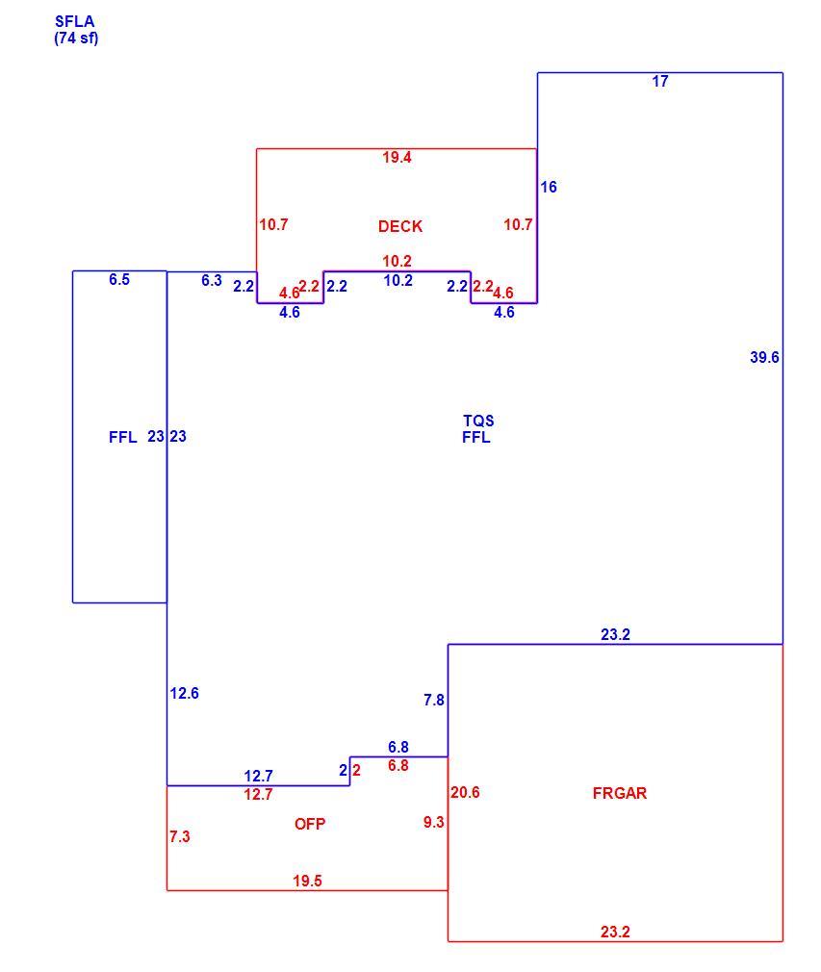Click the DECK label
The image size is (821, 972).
pyautogui.click(x=400, y=226)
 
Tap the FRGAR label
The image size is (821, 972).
pyautogui.click(x=620, y=793)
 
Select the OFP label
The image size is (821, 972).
pyautogui.click(x=310, y=824)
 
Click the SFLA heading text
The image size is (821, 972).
pyautogui.click(x=74, y=22)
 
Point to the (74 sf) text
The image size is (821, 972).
pyautogui.click(x=76, y=38)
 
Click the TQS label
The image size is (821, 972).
pyautogui.click(x=478, y=421)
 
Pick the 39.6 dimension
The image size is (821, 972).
pyautogui.click(x=764, y=357)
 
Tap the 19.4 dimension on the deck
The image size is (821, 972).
pyautogui.click(x=397, y=158)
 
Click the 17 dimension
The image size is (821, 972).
pyautogui.click(x=659, y=81)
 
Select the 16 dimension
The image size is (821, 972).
pyautogui.click(x=549, y=187)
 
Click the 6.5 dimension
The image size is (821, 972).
pyautogui.click(x=119, y=280)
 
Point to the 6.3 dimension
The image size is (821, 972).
pyautogui.click(x=211, y=280)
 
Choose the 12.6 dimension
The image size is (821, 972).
pyautogui.click(x=184, y=693)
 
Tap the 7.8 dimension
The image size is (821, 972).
pyautogui.click(x=433, y=700)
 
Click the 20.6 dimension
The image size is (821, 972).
pyautogui.click(x=465, y=792)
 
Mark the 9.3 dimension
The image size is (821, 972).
pyautogui.click(x=433, y=822)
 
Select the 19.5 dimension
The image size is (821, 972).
pyautogui.click(x=308, y=881)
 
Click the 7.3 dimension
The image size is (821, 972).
pyautogui.click(x=180, y=837)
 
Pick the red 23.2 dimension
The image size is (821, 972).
pyautogui.click(x=615, y=932)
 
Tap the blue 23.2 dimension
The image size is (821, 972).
pyautogui.click(x=615, y=634)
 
